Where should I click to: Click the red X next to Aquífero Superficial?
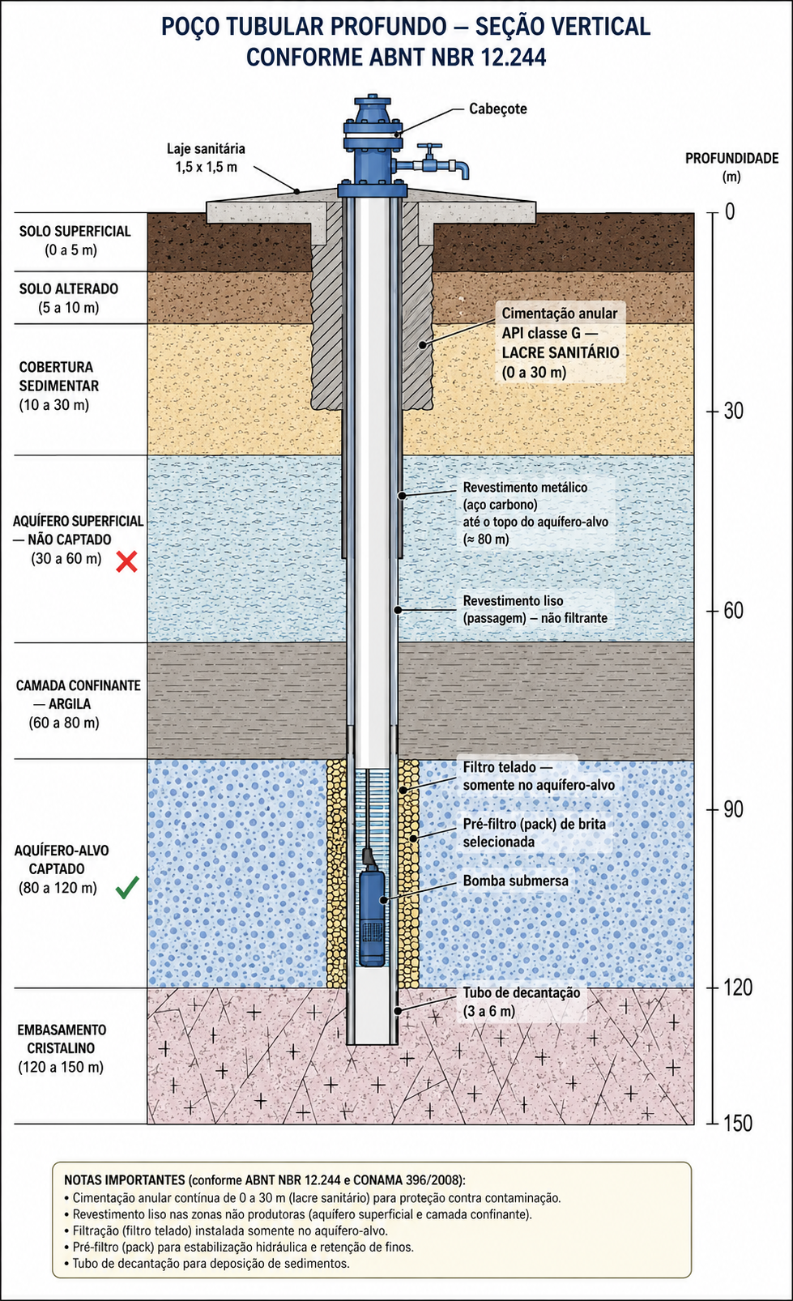point(126,561)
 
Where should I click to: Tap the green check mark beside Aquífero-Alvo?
point(127,888)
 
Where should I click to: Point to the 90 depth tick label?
point(733,809)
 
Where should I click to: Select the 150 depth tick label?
point(738,1124)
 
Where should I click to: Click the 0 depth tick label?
point(730,212)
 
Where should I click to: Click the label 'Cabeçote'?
point(498,109)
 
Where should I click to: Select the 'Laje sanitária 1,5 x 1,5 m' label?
point(207,157)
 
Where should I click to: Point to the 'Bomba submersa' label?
point(515,881)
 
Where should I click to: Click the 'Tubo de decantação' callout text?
point(521,1002)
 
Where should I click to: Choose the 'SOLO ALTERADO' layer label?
point(69,288)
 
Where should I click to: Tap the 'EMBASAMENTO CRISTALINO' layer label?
point(62,1039)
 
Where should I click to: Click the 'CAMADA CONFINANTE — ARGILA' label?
point(78,694)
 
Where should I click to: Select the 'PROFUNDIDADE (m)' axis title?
point(732,167)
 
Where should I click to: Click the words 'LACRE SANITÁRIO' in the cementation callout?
point(560,352)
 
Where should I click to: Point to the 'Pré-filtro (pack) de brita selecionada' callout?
point(535,832)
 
